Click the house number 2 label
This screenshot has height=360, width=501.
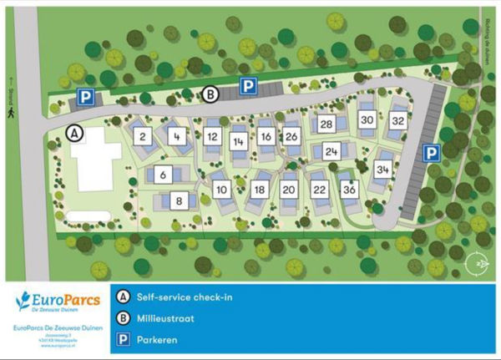click(x=144, y=136)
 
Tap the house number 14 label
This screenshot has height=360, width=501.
click(x=239, y=142)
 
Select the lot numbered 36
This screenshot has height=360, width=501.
click(x=349, y=190)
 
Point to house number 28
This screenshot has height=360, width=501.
click(x=326, y=124)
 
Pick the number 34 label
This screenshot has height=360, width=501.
click(x=383, y=170)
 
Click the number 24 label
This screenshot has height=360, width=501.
click(x=331, y=152)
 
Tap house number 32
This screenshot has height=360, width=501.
click(x=397, y=120)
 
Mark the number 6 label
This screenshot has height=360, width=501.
click(x=163, y=174)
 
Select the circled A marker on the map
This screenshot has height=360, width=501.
click(x=74, y=132)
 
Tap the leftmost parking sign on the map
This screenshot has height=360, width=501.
click(x=85, y=98)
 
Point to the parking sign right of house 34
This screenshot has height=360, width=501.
click(x=429, y=153)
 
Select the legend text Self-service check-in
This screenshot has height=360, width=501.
click(x=189, y=297)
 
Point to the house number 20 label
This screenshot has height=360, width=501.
click(x=289, y=190)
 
